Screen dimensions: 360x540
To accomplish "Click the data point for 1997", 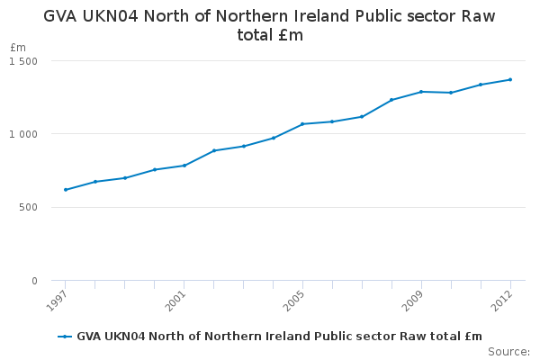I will [66, 190].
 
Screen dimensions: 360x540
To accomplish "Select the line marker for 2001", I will [184, 166].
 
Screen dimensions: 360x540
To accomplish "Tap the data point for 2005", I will [302, 124].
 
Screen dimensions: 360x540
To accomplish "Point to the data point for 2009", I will [421, 92].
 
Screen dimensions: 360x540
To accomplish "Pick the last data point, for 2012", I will [510, 79].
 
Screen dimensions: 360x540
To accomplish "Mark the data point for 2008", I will [391, 100].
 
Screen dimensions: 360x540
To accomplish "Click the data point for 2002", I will [214, 150].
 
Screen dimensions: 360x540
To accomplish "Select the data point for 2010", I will [451, 93].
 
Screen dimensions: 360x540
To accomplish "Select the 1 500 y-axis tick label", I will [23, 60].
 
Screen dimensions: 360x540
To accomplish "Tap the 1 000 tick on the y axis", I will [23, 134].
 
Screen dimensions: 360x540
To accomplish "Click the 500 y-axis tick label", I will [29, 208].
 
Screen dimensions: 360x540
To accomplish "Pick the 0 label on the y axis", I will [34, 281].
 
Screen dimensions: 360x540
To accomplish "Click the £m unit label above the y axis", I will [18, 47].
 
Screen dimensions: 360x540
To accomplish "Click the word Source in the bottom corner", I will [508, 351].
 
